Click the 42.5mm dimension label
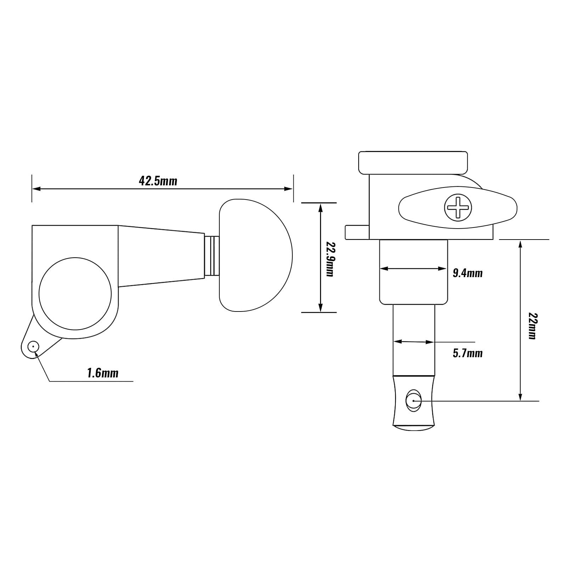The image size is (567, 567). [x=158, y=181]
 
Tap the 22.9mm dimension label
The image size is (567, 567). [x=330, y=259]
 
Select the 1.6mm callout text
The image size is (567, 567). [x=103, y=373]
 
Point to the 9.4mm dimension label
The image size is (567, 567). [x=468, y=273]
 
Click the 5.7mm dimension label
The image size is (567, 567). [x=468, y=353]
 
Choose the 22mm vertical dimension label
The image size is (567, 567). [x=532, y=326]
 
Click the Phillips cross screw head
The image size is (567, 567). [x=458, y=207]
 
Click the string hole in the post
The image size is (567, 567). [x=414, y=401]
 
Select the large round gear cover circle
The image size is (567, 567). [x=75, y=293]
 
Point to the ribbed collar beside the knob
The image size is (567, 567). [x=212, y=256]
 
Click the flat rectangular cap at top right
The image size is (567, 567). [x=413, y=163]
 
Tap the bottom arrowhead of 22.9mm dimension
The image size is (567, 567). [x=320, y=309]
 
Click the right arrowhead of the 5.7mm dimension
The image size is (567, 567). [x=431, y=342]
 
